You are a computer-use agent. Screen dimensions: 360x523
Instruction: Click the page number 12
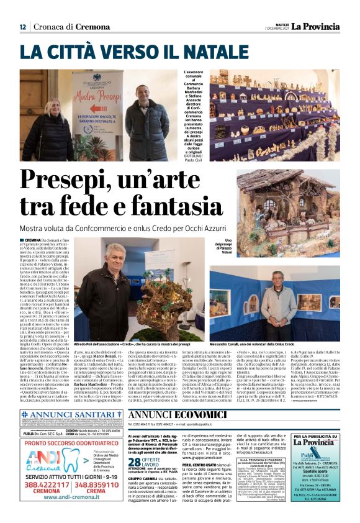pyautogui.click(x=22, y=26)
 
